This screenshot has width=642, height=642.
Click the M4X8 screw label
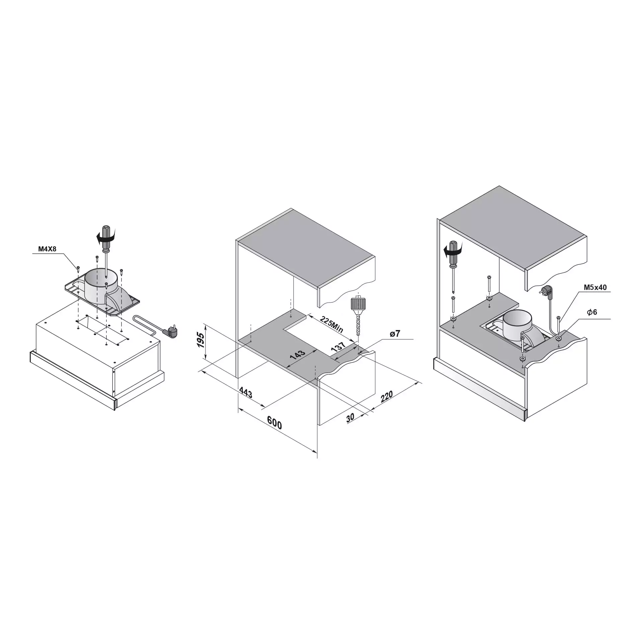(x=47, y=249)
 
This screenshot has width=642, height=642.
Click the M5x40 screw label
(x=595, y=287)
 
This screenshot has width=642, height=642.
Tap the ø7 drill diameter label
(x=395, y=334)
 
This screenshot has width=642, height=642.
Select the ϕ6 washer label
(x=592, y=312)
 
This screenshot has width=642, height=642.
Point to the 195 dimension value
(x=200, y=340)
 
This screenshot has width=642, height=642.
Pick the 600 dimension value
(x=274, y=423)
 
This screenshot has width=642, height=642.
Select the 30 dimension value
(x=350, y=418)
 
